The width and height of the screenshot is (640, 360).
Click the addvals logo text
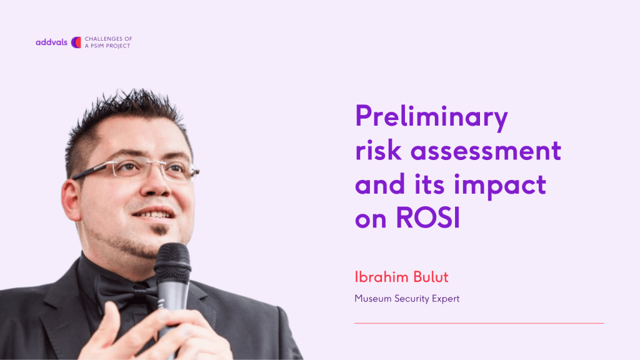coord(51,42)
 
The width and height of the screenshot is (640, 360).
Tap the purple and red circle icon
coord(76,42)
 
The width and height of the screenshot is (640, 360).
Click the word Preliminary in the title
coord(431,117)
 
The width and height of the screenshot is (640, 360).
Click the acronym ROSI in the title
coord(428,217)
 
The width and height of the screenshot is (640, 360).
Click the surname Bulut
coord(431,277)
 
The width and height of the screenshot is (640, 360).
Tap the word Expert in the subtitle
coord(446,299)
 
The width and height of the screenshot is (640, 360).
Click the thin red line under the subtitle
coord(479,323)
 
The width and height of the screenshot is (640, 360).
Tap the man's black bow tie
coord(126,291)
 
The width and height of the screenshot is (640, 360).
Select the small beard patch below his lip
coord(160,230)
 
